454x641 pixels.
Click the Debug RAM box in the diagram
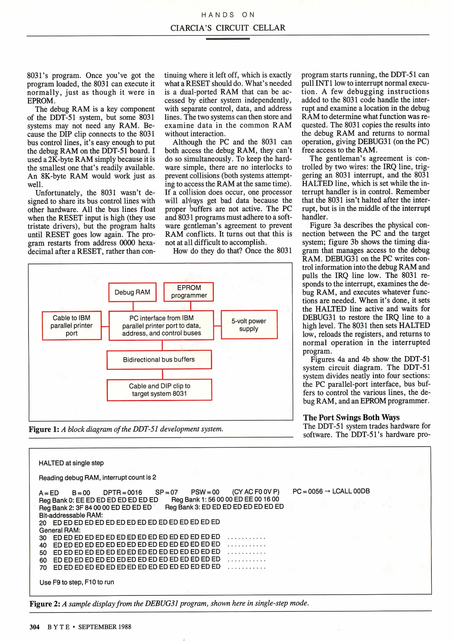(132, 292)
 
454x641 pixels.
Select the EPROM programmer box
(189, 292)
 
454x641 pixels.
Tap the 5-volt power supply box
(249, 325)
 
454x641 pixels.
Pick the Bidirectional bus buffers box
(159, 360)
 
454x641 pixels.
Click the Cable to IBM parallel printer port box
(72, 326)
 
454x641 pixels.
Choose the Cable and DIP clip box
(159, 390)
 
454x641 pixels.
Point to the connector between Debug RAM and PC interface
(133, 306)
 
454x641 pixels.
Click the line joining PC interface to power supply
(217, 326)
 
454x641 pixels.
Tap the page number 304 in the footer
(34, 627)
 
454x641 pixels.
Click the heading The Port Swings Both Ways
(351, 418)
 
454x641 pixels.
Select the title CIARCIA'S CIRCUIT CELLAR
(228, 28)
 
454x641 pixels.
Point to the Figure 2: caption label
(45, 604)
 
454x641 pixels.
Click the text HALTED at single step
(71, 463)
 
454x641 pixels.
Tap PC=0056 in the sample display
(307, 491)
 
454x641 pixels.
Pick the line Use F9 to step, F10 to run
(77, 582)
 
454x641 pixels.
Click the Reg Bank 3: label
(182, 507)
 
